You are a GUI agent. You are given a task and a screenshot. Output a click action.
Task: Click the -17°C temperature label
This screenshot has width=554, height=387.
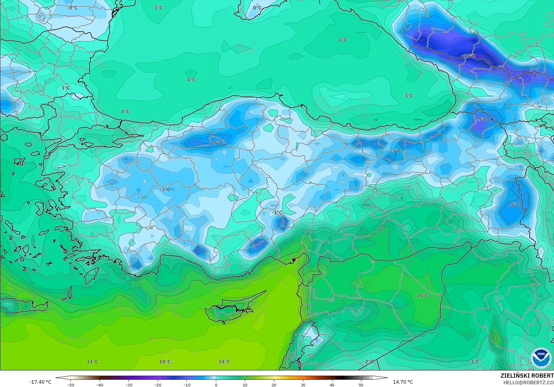[468, 56]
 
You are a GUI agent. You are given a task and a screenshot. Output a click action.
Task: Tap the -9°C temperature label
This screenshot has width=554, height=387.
[481, 119]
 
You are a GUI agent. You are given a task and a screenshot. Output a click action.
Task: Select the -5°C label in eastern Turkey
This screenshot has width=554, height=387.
[396, 151]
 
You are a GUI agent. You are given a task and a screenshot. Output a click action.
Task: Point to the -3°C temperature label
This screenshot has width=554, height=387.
[165, 189]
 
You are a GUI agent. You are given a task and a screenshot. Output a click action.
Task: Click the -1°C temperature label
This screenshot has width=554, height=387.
[277, 213]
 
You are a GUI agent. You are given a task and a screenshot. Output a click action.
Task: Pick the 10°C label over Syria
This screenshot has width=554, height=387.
[422, 296]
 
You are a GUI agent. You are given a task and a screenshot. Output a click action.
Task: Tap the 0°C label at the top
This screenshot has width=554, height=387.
[257, 8]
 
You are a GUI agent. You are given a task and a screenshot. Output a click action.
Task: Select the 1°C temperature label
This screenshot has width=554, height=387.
[66, 88]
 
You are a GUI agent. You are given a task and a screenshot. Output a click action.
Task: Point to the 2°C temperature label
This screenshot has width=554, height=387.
[369, 361]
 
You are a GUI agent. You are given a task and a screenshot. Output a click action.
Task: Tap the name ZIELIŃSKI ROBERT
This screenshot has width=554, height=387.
[527, 376]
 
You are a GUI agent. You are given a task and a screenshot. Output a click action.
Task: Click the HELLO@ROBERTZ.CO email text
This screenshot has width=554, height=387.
[528, 382]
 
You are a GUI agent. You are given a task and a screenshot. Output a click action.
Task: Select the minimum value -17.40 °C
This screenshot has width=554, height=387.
[40, 382]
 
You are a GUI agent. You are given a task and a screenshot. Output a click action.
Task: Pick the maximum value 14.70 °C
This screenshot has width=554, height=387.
[403, 382]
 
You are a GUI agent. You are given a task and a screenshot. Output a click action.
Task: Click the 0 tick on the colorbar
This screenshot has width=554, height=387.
[216, 385]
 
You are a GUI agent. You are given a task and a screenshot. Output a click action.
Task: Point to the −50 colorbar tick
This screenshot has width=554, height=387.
[70, 385]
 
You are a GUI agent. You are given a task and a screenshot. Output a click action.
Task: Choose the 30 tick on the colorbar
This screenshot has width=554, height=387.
[303, 385]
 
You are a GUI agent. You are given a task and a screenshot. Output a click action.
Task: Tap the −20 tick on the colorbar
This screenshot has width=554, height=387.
[158, 385]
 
